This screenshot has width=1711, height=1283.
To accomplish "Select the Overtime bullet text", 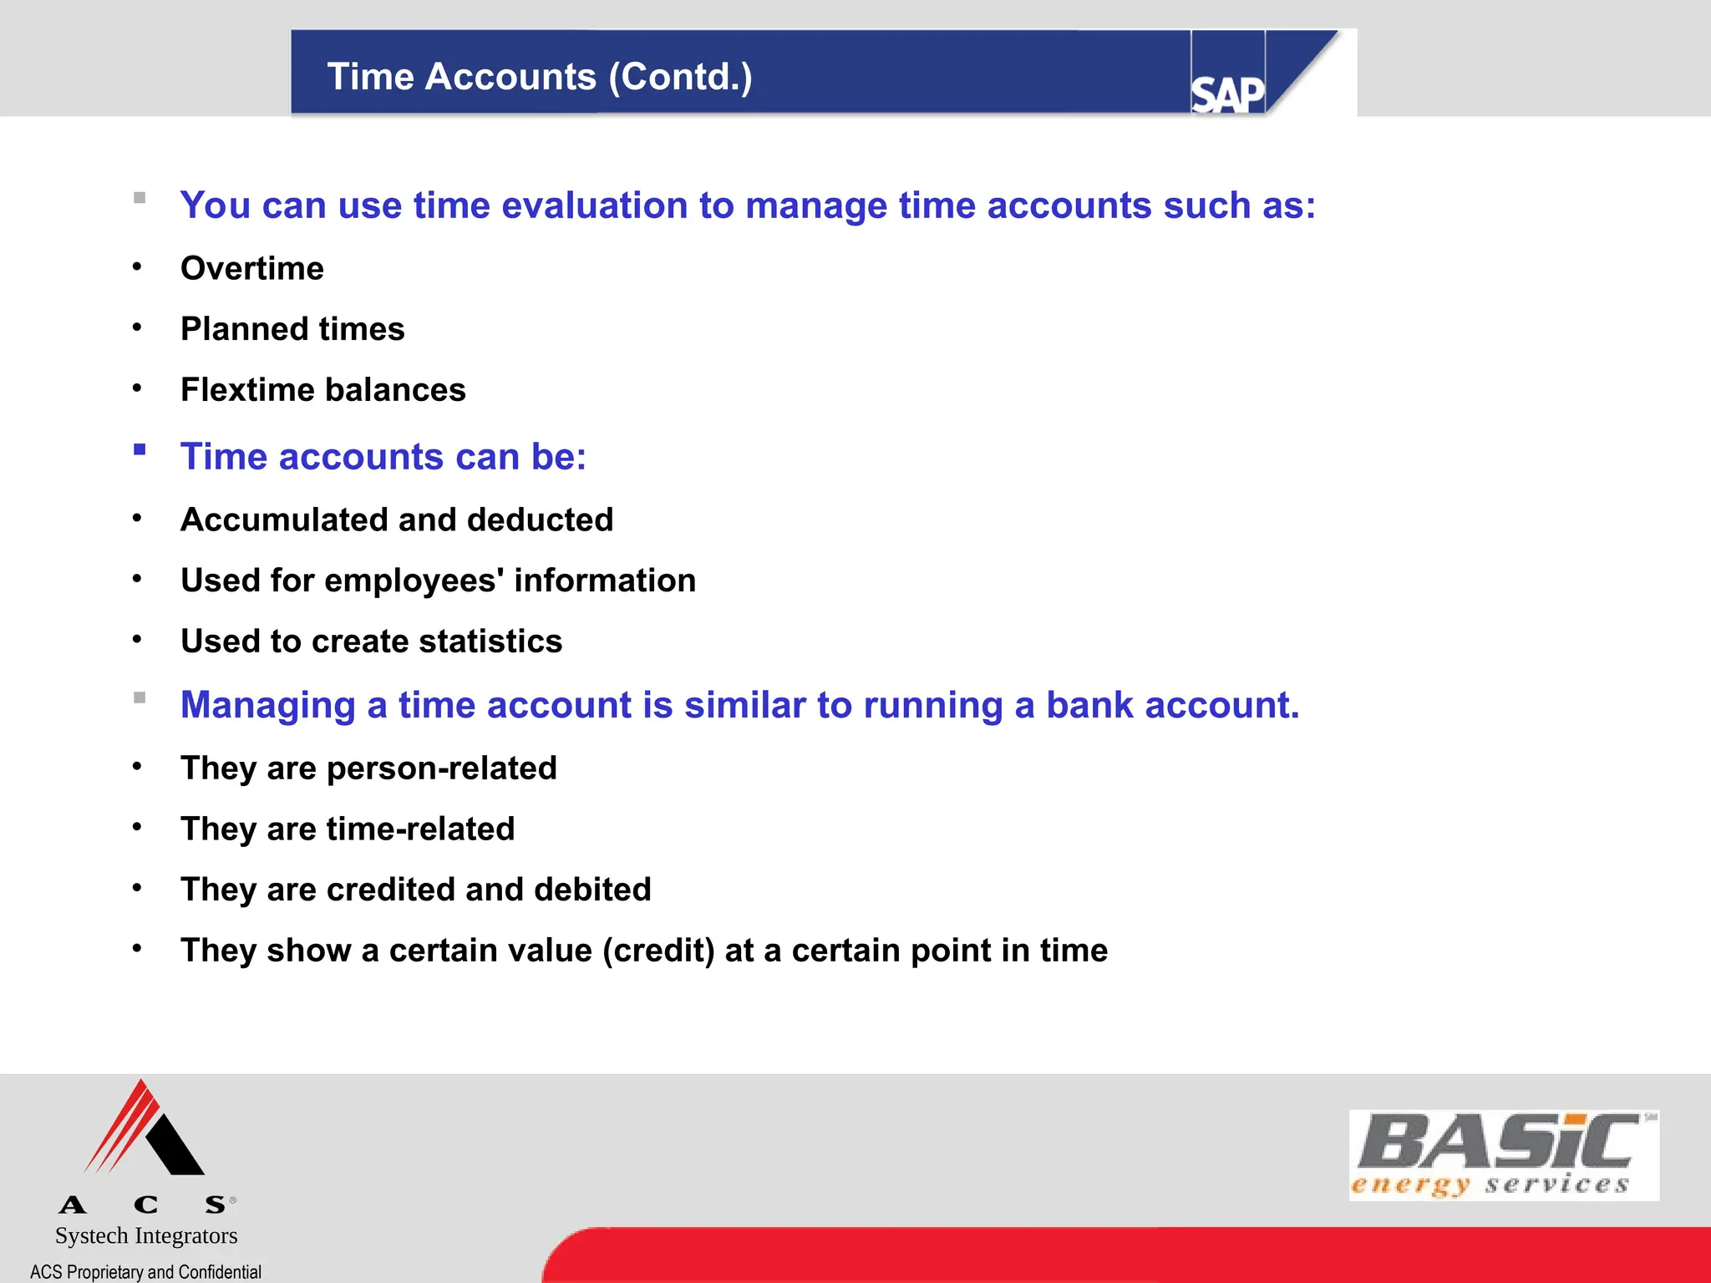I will pos(251,269).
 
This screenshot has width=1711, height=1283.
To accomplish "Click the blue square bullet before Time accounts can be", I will pos(140,450).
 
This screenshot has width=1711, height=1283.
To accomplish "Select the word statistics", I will pos(490,641).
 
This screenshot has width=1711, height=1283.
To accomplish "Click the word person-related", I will pos(441,768).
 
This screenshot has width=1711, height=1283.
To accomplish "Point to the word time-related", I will pos(420,829).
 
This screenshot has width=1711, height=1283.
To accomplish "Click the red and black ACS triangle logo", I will pos(145,1129).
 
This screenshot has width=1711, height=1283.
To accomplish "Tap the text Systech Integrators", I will pos(146,1235).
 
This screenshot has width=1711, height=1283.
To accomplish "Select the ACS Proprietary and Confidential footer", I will pos(146,1271).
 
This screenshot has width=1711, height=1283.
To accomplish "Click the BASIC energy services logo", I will pos(1503,1155).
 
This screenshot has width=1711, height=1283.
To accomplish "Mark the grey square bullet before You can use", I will pos(140,199).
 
